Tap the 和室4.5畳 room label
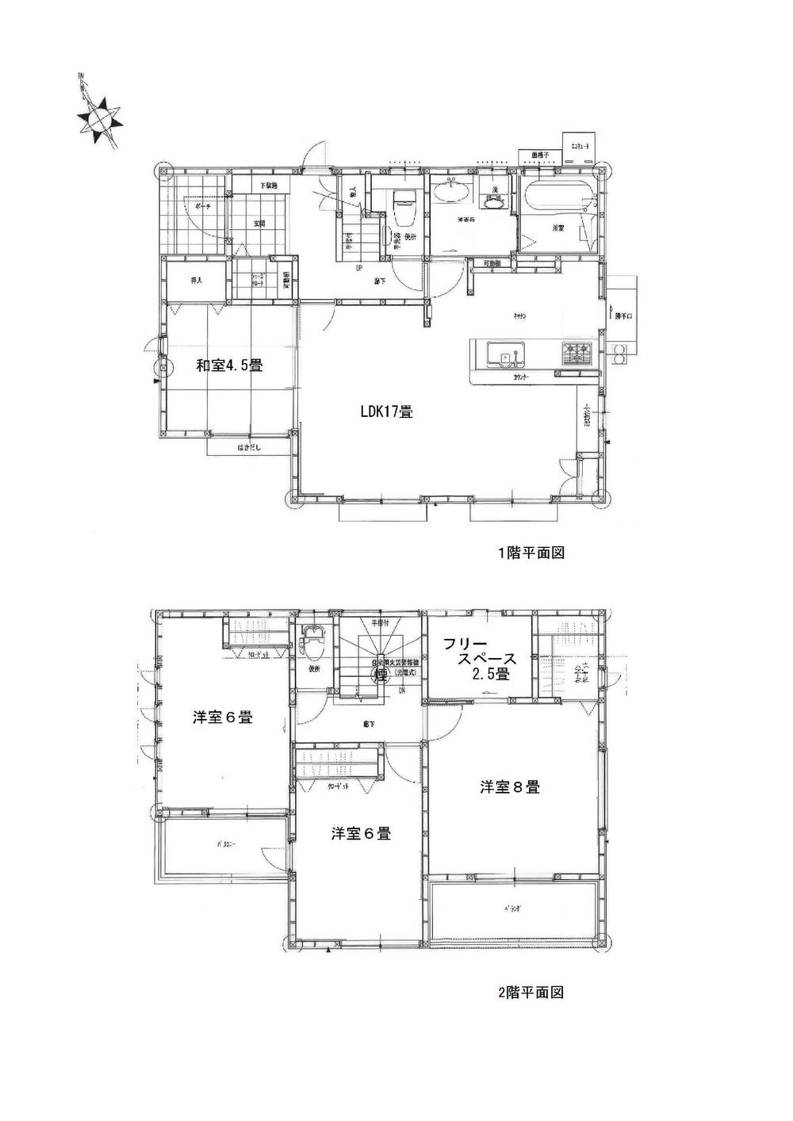(230, 365)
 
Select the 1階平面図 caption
(531, 553)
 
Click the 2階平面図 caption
(531, 992)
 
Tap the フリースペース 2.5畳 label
(481, 658)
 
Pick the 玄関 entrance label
(259, 224)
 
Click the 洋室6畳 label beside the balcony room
(223, 717)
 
